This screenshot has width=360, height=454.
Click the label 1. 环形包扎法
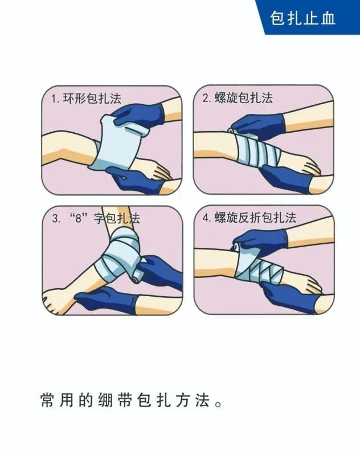[x=86, y=99]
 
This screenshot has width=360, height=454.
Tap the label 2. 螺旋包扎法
[x=238, y=98]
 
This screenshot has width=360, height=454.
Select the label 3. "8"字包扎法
[x=96, y=218]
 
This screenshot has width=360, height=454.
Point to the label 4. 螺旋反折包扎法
[x=249, y=218]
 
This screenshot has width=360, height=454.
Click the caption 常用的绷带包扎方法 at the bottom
[x=132, y=400]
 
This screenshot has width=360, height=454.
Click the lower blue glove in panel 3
[x=108, y=300]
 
